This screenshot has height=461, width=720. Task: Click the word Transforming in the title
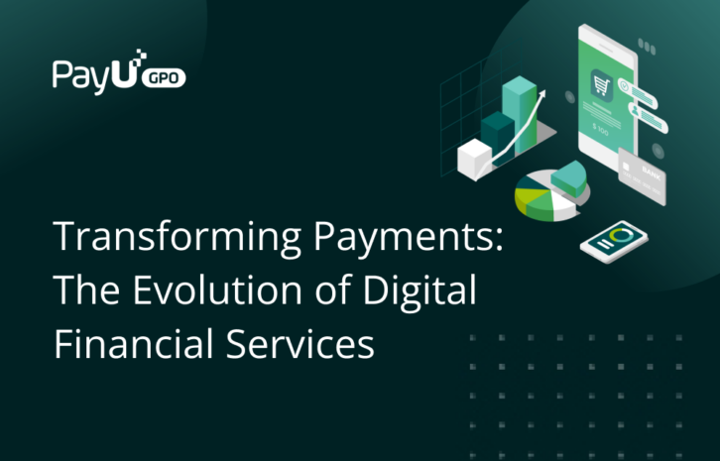[x=161, y=239]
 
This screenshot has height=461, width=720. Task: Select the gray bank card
[x=641, y=176]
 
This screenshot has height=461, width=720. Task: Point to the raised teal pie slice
[x=569, y=176]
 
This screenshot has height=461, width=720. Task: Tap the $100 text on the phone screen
[x=601, y=128]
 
